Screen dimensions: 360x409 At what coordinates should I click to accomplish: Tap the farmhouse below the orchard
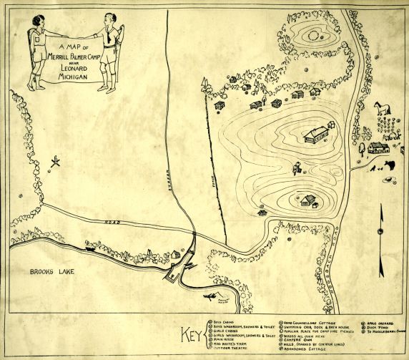click(x=378, y=148)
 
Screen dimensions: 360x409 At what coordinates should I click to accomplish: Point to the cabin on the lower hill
click(x=307, y=200)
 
